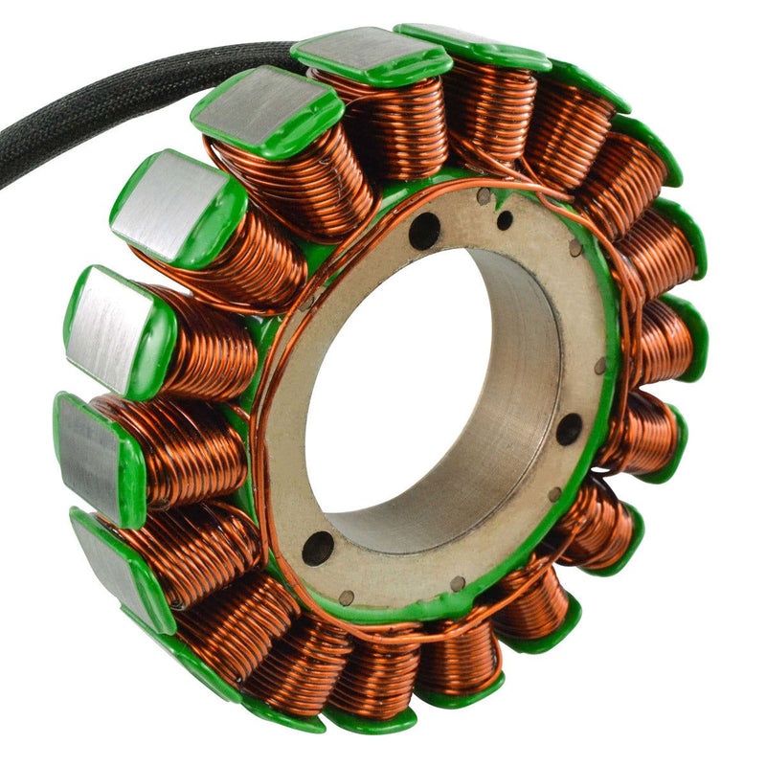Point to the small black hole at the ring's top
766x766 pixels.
[505, 220]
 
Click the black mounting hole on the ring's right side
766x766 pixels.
[569, 429]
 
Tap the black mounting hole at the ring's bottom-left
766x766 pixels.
[318, 548]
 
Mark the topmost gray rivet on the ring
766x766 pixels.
[484, 197]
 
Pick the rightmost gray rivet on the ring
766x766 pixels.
[600, 367]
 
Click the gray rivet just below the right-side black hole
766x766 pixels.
[554, 494]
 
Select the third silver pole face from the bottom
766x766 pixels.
[106, 331]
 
